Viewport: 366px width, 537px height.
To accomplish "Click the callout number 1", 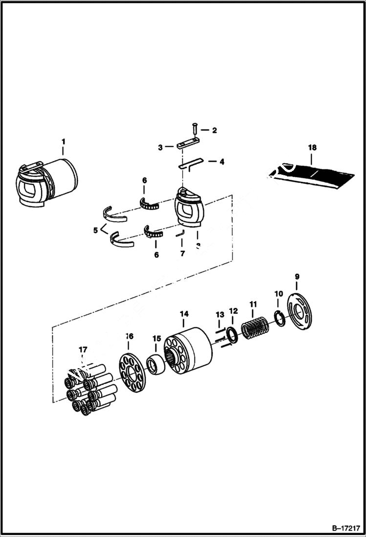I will click(x=63, y=141).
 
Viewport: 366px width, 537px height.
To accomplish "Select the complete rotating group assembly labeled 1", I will click(x=46, y=181).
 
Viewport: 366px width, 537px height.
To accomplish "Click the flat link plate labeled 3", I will click(x=188, y=145).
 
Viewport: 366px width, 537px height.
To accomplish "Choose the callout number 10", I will click(x=278, y=294).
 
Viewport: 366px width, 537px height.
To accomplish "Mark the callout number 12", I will click(x=233, y=310).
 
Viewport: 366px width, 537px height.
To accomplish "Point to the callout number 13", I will click(x=220, y=314).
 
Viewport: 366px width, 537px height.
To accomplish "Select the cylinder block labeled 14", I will click(x=188, y=350).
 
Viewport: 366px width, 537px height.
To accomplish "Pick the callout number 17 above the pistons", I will click(x=83, y=350).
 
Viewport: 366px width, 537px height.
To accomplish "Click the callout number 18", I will click(x=312, y=147).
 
